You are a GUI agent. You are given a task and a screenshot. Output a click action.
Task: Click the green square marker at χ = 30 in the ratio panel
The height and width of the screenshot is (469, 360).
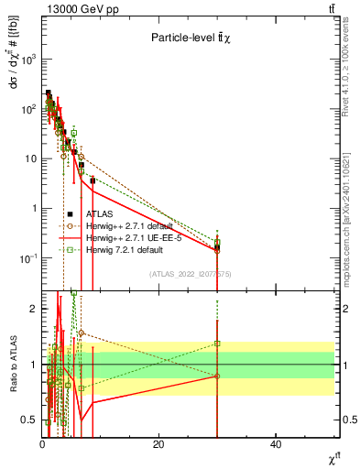coord(217,344)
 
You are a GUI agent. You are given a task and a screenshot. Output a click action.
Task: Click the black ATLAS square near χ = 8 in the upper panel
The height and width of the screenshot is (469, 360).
coord(93,181)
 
